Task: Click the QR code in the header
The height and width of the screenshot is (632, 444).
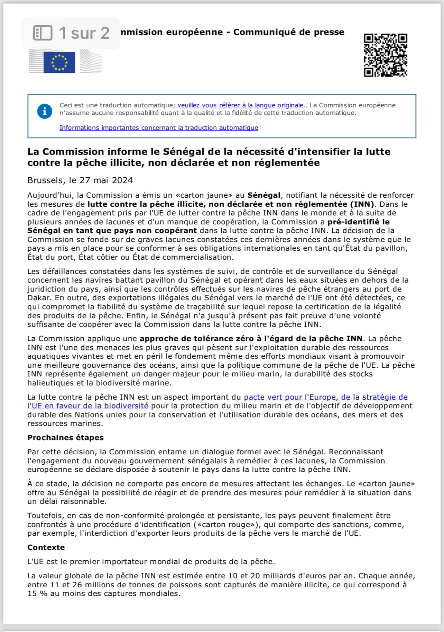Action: [x=385, y=55]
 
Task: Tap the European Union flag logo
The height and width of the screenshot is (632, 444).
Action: [x=59, y=62]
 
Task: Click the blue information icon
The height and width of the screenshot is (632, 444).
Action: [x=45, y=112]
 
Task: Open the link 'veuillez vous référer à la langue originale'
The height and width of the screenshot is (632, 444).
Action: [x=241, y=105]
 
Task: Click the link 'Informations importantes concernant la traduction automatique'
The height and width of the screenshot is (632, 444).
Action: [x=159, y=128]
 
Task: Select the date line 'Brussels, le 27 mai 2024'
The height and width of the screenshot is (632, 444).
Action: [x=80, y=180]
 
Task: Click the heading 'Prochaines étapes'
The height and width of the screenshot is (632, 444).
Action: [x=65, y=438]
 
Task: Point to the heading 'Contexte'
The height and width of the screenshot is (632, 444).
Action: [x=46, y=548]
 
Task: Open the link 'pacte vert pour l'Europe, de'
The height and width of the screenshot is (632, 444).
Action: [x=297, y=397]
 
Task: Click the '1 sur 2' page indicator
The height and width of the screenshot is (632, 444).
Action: [x=84, y=33]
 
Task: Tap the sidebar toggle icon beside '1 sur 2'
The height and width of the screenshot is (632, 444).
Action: [x=43, y=33]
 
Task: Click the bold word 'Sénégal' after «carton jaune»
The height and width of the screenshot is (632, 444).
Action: [x=263, y=195]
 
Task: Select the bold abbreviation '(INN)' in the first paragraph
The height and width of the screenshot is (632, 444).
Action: [x=362, y=204]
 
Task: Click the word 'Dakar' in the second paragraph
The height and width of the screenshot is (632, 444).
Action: [x=39, y=298]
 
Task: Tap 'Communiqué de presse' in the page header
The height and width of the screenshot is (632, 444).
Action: [x=289, y=32]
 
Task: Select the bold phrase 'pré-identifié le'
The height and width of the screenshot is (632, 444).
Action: [x=359, y=222]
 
